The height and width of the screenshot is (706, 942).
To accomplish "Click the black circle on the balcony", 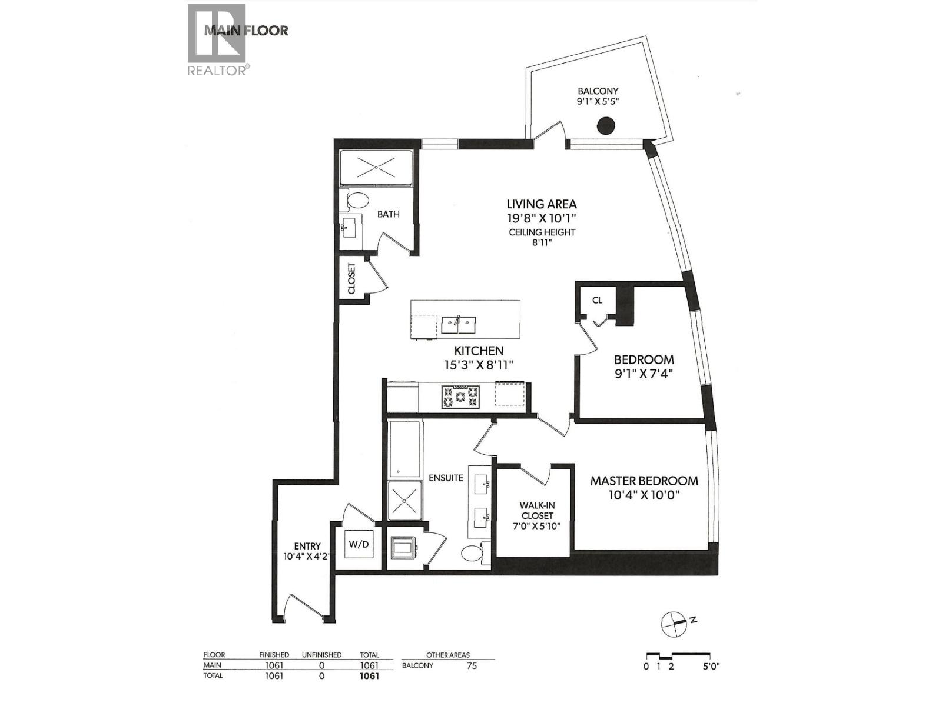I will tap(606, 125).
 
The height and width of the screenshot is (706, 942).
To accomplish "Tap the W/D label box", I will tap(359, 544).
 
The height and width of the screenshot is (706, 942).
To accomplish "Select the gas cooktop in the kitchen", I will tap(459, 397).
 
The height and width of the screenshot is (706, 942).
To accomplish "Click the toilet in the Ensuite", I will tap(472, 553).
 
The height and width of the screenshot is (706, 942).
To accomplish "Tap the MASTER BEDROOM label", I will tap(644, 481).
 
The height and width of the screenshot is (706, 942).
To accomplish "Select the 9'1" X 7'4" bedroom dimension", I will tap(644, 373).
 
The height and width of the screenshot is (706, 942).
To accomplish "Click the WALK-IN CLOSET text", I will tap(536, 510).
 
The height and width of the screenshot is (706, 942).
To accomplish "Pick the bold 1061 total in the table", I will tap(369, 676).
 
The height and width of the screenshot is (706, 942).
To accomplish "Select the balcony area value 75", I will tap(471, 665).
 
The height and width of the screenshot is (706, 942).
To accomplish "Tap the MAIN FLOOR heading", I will tap(246, 31).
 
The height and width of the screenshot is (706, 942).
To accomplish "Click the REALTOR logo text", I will tap(217, 71).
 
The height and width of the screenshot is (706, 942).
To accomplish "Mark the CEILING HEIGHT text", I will tap(542, 232).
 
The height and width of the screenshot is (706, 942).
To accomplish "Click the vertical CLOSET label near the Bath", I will tap(352, 278).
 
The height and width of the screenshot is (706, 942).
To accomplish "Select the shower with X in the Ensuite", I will tap(405, 501).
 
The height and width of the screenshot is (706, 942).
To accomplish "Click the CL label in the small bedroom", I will tap(597, 300).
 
